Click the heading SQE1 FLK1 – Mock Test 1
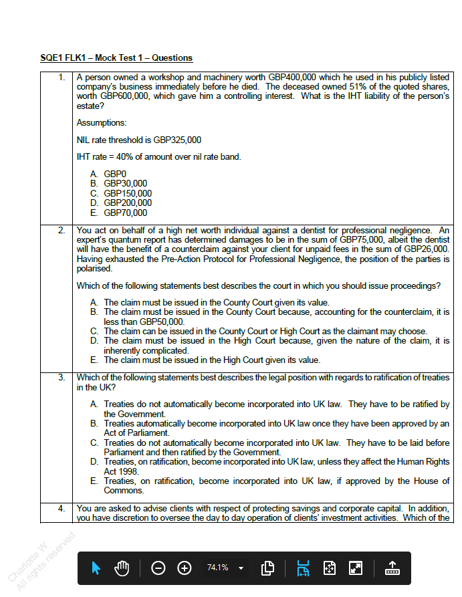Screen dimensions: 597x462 coord(116,58)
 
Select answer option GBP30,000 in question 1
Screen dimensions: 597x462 coord(125,184)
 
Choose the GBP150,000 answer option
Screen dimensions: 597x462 coord(127,193)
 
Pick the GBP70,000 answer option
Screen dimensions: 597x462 coord(125,213)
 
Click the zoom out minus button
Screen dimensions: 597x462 coord(158,568)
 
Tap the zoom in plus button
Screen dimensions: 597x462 coord(184,568)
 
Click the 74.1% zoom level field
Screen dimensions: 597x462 coord(218,568)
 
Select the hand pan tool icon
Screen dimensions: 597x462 coord(122,568)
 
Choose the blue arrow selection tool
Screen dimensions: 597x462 coord(96,568)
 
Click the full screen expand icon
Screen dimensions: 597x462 coord(356,568)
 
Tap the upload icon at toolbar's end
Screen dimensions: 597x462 coord(392,568)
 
